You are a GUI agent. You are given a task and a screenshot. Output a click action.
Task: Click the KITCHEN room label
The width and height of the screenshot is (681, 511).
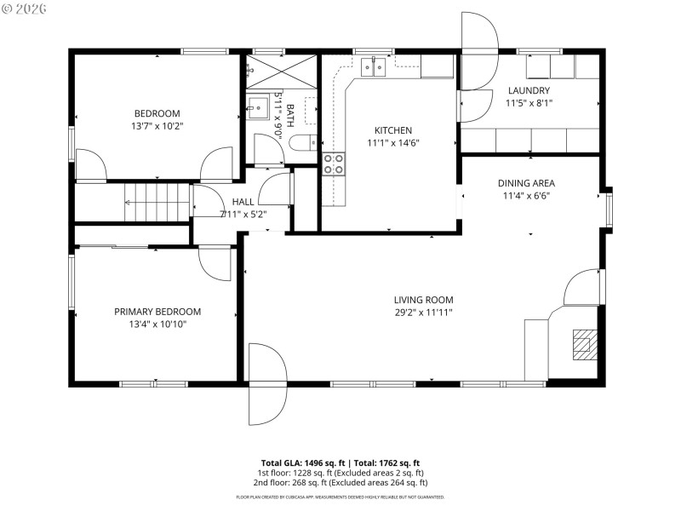coord(393,130)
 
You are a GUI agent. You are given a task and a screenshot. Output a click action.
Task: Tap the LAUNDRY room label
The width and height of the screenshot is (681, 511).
coord(529,90)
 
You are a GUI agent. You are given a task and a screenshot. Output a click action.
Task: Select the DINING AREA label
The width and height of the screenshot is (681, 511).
coord(526,182)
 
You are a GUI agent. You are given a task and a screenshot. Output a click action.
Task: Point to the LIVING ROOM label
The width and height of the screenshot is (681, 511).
coord(423,300)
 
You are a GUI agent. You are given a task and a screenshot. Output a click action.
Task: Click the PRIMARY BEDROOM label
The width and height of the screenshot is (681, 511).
coord(157,312)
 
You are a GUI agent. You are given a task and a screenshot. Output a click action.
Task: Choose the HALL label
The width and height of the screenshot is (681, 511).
coord(243,202)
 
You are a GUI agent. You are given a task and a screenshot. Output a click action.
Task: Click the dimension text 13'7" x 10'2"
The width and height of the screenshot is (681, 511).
coord(157,126)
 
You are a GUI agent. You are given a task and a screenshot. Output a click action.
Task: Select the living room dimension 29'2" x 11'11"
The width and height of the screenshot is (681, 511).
coord(423,313)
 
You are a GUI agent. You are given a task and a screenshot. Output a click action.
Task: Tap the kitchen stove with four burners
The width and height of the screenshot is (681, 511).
coord(333,164)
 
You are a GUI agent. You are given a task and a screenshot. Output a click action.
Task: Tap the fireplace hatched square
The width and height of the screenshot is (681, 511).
coord(583,342)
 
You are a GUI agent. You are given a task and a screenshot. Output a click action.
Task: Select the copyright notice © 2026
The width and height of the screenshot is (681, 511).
coord(25,8)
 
